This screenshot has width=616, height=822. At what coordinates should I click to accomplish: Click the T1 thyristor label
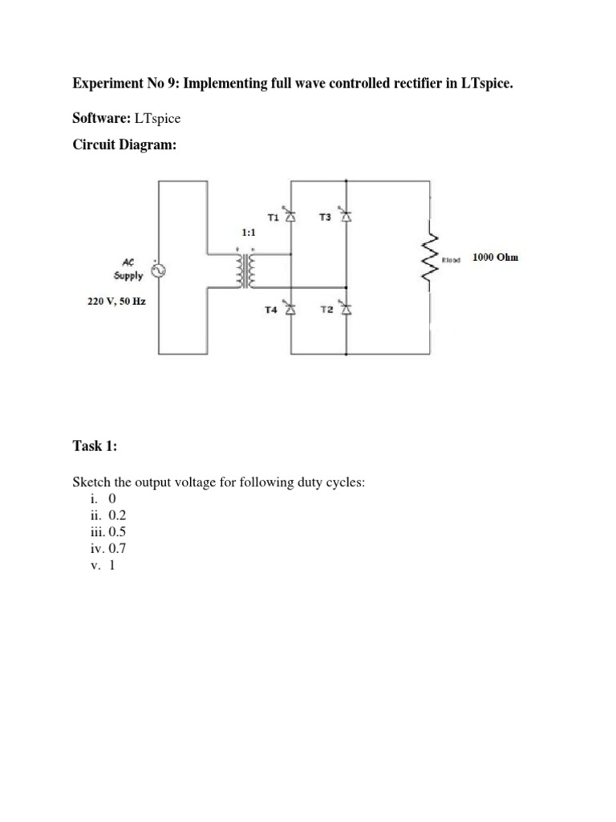pos(271,217)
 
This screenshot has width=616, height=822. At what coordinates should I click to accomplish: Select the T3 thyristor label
pos(324,217)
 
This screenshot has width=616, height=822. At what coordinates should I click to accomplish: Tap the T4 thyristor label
pos(270,310)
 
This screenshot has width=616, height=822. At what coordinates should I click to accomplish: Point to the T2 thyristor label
pos(325,310)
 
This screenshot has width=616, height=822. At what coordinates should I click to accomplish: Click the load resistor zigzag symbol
pos(433,258)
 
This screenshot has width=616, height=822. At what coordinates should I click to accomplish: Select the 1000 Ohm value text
pos(495,258)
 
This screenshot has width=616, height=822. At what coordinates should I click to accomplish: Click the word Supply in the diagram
pos(128,275)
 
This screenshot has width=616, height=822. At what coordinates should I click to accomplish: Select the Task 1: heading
pos(95,446)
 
